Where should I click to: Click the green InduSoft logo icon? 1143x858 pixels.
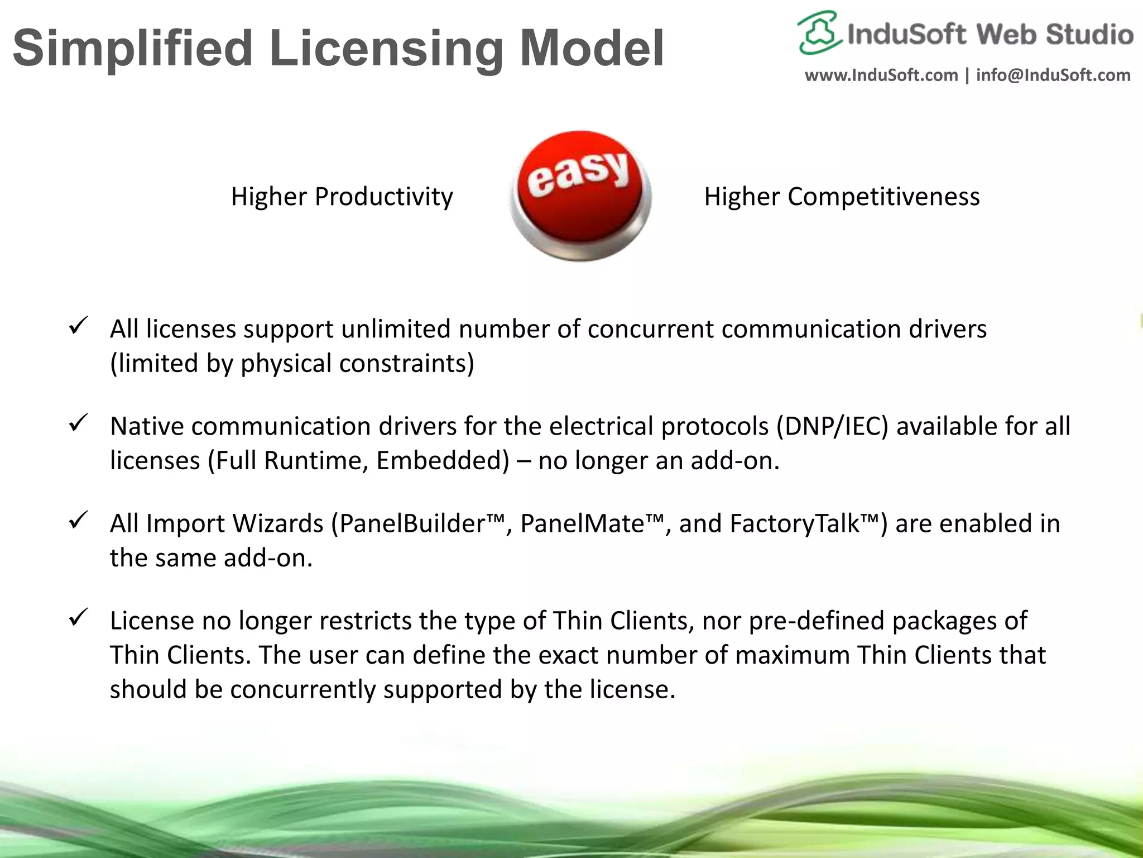[x=819, y=32]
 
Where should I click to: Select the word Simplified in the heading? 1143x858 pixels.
[x=133, y=49]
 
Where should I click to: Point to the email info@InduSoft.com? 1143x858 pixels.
[x=1053, y=75]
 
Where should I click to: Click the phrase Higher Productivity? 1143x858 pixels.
[x=342, y=197]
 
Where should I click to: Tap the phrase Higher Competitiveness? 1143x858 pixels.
[x=842, y=197]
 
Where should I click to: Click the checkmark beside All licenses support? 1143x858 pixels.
[x=77, y=326]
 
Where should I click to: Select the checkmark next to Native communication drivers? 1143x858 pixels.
[x=77, y=423]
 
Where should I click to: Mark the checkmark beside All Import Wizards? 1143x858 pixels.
[x=77, y=520]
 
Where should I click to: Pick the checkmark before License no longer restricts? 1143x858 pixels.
[x=77, y=617]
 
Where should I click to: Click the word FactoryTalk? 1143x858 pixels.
[x=794, y=524]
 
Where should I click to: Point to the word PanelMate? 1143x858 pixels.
[x=582, y=524]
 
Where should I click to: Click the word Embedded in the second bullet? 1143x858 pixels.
[x=443, y=461]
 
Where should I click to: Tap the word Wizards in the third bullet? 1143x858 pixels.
[x=277, y=524]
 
